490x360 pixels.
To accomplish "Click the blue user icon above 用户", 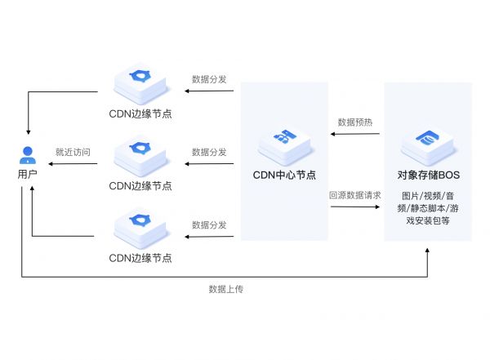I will [x=28, y=153].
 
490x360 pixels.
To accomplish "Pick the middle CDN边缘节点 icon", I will [x=140, y=153].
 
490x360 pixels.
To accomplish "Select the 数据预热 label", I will [x=355, y=122].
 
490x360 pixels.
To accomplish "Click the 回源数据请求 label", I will [x=355, y=195].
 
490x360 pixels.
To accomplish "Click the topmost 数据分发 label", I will [x=209, y=79].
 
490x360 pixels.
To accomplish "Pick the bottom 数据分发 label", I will [x=209, y=224].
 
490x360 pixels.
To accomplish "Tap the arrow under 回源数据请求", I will [x=355, y=207].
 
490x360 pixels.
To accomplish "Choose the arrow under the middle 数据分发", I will [x=209, y=163].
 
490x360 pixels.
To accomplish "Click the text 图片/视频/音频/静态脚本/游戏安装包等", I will [x=426, y=208].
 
